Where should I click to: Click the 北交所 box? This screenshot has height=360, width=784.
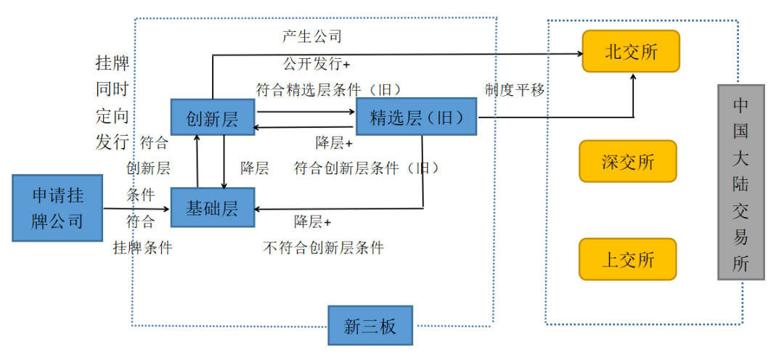point(631,52)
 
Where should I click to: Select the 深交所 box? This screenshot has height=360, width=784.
point(628,161)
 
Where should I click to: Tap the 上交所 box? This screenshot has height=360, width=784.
point(628,259)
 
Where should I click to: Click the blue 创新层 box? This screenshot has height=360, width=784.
point(213,118)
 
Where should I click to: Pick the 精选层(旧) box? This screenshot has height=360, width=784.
point(417,118)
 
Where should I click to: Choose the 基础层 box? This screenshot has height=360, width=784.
point(212,209)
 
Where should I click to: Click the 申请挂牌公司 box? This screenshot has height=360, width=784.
point(57,208)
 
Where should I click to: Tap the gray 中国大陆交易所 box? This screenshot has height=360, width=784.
point(741,182)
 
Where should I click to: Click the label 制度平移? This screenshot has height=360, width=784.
point(515,90)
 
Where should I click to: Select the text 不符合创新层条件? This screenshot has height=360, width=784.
point(324,247)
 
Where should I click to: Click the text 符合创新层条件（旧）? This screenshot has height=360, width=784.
point(367,168)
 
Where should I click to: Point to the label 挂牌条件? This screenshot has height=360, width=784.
point(143,247)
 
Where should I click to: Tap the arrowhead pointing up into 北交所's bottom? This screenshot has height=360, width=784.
point(634,77)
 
